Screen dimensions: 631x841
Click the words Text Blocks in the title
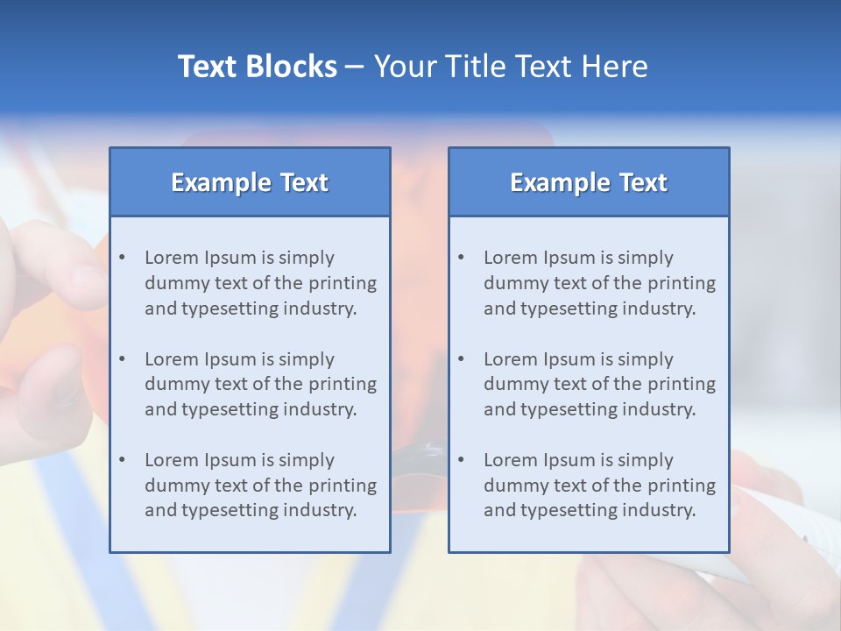coord(257,67)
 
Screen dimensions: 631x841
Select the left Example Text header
coord(250,182)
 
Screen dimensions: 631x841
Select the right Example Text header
coord(589,182)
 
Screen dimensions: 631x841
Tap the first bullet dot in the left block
coord(122,258)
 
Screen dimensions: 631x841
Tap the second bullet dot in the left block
coord(122,359)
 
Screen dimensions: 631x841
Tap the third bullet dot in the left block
coord(122,460)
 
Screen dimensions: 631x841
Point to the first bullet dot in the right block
coord(461,258)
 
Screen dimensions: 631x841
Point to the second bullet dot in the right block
coord(461,359)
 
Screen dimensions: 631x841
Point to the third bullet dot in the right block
coord(461,460)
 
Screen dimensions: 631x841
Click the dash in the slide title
coord(355,67)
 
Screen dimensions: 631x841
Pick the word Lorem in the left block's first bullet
coord(171,258)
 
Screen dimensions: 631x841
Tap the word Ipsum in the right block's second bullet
coord(569,359)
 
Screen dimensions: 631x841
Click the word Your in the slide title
coord(399,67)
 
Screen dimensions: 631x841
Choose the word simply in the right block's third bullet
coord(646,460)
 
